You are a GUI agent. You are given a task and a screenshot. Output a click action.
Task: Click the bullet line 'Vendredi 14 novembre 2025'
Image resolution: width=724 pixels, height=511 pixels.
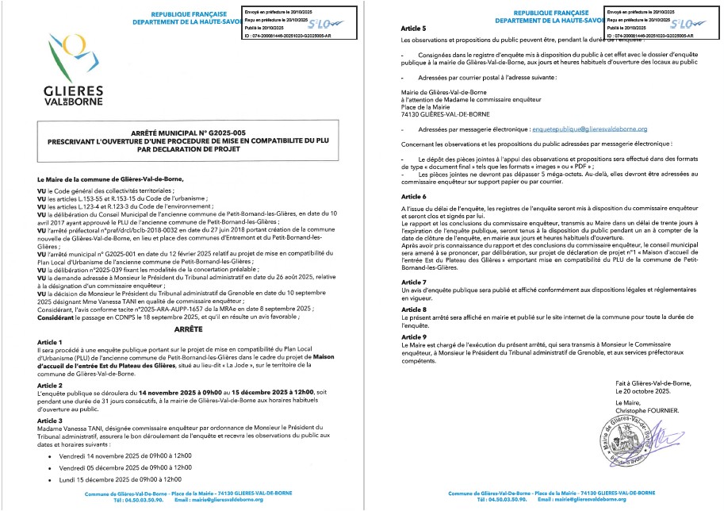click(x=120, y=455)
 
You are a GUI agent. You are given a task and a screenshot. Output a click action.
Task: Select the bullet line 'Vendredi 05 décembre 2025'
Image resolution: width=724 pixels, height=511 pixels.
click(x=120, y=467)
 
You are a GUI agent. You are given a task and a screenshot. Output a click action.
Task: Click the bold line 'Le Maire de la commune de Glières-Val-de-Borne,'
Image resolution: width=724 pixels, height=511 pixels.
click(x=92, y=182)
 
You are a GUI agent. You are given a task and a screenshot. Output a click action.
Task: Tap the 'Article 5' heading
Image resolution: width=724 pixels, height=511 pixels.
click(x=414, y=28)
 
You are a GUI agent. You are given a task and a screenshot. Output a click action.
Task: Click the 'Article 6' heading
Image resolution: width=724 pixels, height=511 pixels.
click(x=414, y=196)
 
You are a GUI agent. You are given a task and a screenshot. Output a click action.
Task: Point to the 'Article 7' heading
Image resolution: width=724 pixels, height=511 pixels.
click(x=414, y=282)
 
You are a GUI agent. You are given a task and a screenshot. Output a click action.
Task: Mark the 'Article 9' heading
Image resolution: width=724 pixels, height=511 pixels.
click(x=414, y=336)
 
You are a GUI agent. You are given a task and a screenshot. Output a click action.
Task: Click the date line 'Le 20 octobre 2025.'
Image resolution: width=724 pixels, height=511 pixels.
click(x=643, y=392)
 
